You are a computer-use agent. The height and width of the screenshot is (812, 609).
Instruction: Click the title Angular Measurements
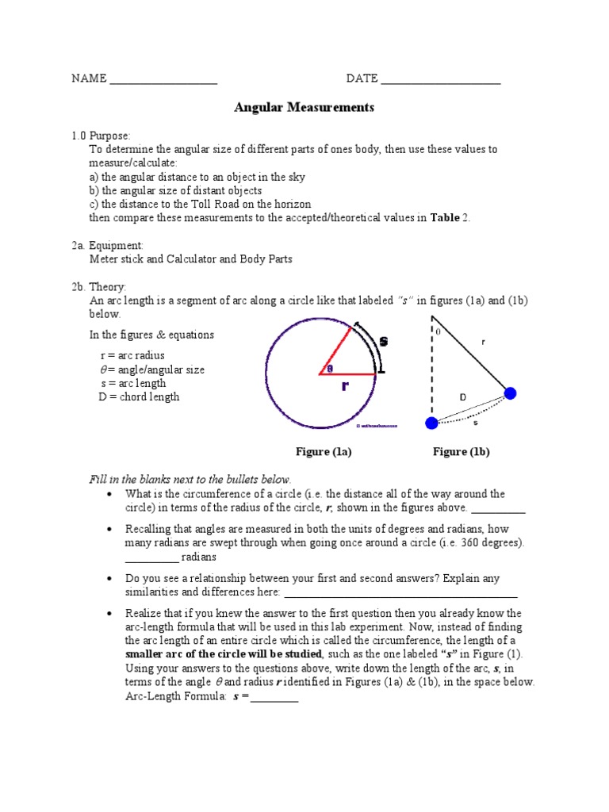coord(304,107)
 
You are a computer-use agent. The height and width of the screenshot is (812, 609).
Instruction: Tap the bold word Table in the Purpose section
coord(445,217)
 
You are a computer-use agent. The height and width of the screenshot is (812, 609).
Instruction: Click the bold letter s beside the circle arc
coord(384,341)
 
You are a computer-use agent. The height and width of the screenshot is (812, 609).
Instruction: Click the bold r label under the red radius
coord(345,387)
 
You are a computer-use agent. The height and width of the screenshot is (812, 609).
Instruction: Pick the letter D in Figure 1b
coord(462,396)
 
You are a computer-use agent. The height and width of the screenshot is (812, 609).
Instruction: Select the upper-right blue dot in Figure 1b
coord(510,393)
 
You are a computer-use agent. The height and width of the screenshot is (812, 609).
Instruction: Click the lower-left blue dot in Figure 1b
coord(431,423)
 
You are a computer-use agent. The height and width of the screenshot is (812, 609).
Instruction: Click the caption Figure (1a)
coord(324,452)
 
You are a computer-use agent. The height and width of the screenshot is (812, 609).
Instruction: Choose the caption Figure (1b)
coord(461,452)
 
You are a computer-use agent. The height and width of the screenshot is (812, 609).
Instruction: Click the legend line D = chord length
coord(139,397)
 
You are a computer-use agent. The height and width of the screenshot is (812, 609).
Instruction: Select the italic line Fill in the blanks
coord(190,480)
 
